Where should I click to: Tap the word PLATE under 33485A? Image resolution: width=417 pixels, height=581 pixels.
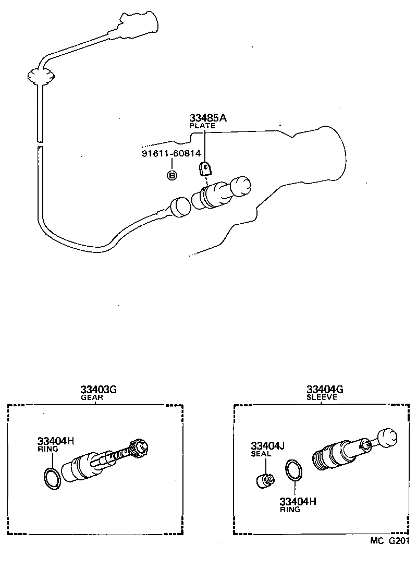[x=202, y=126]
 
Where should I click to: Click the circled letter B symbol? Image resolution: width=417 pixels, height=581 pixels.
[x=171, y=175]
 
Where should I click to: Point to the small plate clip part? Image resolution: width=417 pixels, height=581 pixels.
[x=206, y=168]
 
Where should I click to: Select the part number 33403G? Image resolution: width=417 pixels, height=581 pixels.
[x=98, y=390]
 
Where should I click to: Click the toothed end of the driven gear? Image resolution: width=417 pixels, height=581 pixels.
[x=142, y=447]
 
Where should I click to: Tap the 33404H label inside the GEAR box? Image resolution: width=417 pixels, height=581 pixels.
[x=55, y=441]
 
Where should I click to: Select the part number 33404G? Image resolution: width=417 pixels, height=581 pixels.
[x=324, y=390]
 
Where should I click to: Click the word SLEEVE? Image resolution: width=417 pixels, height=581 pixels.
[x=322, y=397]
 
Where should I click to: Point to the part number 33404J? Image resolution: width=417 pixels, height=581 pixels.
[x=267, y=446]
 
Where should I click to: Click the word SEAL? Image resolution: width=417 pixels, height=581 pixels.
[x=261, y=454]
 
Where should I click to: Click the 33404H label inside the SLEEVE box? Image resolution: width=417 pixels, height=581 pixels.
[x=298, y=502]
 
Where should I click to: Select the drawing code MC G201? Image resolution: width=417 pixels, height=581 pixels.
[x=389, y=541]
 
